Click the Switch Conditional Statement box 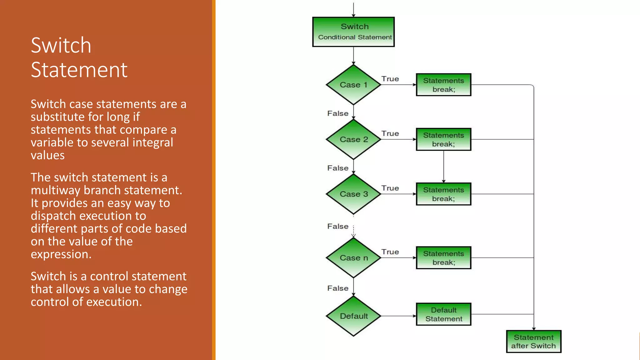(353, 32)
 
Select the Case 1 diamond (353, 85)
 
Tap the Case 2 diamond (353, 139)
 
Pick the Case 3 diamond (353, 194)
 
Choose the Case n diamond (353, 258)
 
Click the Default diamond (353, 316)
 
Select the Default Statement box (443, 314)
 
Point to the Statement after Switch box (533, 342)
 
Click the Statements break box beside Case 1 (443, 85)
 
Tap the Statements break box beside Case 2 (443, 139)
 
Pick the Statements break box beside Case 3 (443, 194)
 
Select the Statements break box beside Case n (443, 258)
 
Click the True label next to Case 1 (390, 79)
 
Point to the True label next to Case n (390, 252)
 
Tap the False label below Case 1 (338, 113)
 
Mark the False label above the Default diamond (338, 288)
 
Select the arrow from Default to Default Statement (398, 316)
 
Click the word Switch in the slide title (61, 45)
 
